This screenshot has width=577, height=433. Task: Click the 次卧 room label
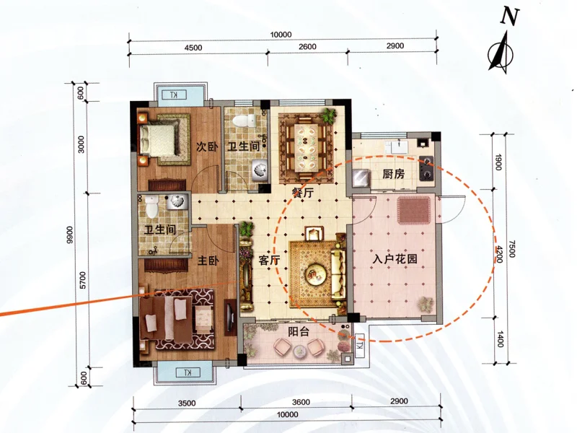click(x=206, y=147)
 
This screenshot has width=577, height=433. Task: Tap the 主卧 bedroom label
click(x=208, y=261)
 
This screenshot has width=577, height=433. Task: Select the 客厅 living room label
click(x=269, y=261)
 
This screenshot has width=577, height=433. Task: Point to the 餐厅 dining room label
click(x=302, y=193)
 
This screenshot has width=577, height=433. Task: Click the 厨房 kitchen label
click(x=393, y=174)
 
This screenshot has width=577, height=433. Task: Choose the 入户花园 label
click(x=395, y=259)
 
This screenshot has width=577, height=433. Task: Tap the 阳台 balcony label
click(x=299, y=332)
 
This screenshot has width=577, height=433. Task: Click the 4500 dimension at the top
click(x=193, y=48)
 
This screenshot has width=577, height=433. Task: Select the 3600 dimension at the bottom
click(x=301, y=402)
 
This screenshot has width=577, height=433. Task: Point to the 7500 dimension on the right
click(x=512, y=248)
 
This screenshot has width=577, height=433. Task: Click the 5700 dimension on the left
click(x=82, y=280)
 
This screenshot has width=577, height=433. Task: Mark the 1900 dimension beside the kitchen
click(x=498, y=162)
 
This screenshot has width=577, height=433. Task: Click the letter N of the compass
click(x=510, y=17)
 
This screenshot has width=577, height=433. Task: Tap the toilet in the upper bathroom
click(x=245, y=121)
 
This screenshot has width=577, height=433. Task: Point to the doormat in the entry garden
click(x=413, y=211)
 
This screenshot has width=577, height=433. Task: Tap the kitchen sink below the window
click(x=397, y=147)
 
